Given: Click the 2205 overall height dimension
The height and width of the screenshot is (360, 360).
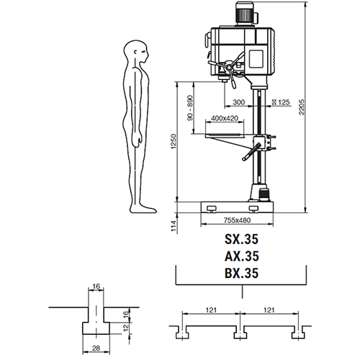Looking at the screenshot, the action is [x=302, y=107].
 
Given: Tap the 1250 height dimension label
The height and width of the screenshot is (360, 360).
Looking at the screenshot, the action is [x=174, y=141].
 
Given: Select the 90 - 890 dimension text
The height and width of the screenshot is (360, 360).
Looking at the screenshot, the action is [x=190, y=108].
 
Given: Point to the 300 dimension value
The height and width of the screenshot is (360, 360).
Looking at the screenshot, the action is [x=239, y=102].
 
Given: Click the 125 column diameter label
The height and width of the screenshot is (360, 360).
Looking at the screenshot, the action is [x=281, y=102].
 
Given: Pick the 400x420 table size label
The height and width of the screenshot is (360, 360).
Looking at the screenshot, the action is [x=225, y=118].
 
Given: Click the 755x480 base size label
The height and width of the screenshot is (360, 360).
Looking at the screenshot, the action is [x=237, y=220].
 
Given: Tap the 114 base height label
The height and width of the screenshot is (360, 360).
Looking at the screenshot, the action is [x=174, y=226].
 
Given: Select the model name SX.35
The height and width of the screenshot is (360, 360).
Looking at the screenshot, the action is [x=241, y=239].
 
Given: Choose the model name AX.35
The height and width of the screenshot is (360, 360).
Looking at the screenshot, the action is [x=241, y=256].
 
